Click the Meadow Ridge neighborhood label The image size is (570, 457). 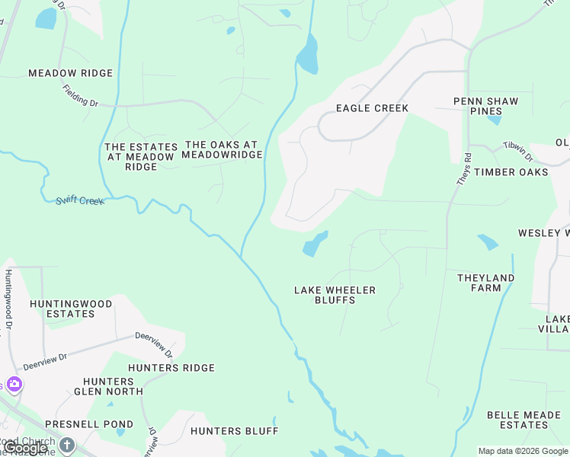(x=70, y=73)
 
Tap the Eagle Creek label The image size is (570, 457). (x=372, y=108)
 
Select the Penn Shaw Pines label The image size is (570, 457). (x=485, y=106)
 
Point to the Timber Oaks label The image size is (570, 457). (x=511, y=172)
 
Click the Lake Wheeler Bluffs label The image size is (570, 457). (x=335, y=295)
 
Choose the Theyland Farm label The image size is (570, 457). (x=485, y=283)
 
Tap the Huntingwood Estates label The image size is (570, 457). (x=70, y=308)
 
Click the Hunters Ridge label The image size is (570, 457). (x=171, y=368)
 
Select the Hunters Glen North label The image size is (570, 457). (x=108, y=385)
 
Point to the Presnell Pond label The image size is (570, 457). (x=88, y=424)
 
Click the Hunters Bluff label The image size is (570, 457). (x=234, y=431)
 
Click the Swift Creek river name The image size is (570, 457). (x=79, y=200)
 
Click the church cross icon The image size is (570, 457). (x=67, y=444)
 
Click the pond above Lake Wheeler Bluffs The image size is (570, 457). (x=314, y=244)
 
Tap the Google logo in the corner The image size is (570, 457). (x=25, y=448)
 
